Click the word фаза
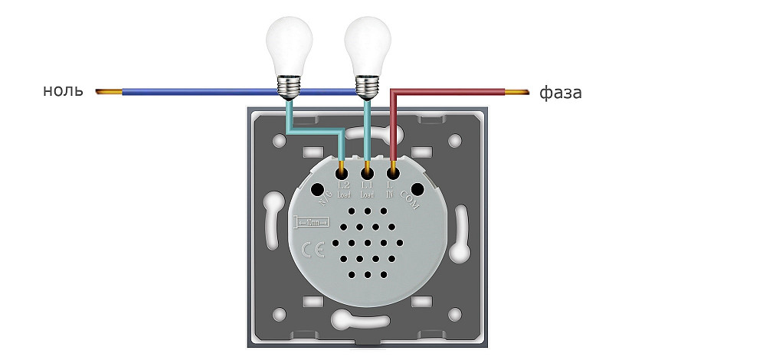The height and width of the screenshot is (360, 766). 561,93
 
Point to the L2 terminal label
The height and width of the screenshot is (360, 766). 343,186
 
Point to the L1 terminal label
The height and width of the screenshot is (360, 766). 367,186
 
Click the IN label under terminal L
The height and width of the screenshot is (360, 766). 390,196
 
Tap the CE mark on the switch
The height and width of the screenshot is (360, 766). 313,250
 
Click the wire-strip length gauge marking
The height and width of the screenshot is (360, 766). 312,222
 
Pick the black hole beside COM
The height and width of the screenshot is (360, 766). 417,188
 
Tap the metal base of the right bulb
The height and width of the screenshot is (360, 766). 367,86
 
